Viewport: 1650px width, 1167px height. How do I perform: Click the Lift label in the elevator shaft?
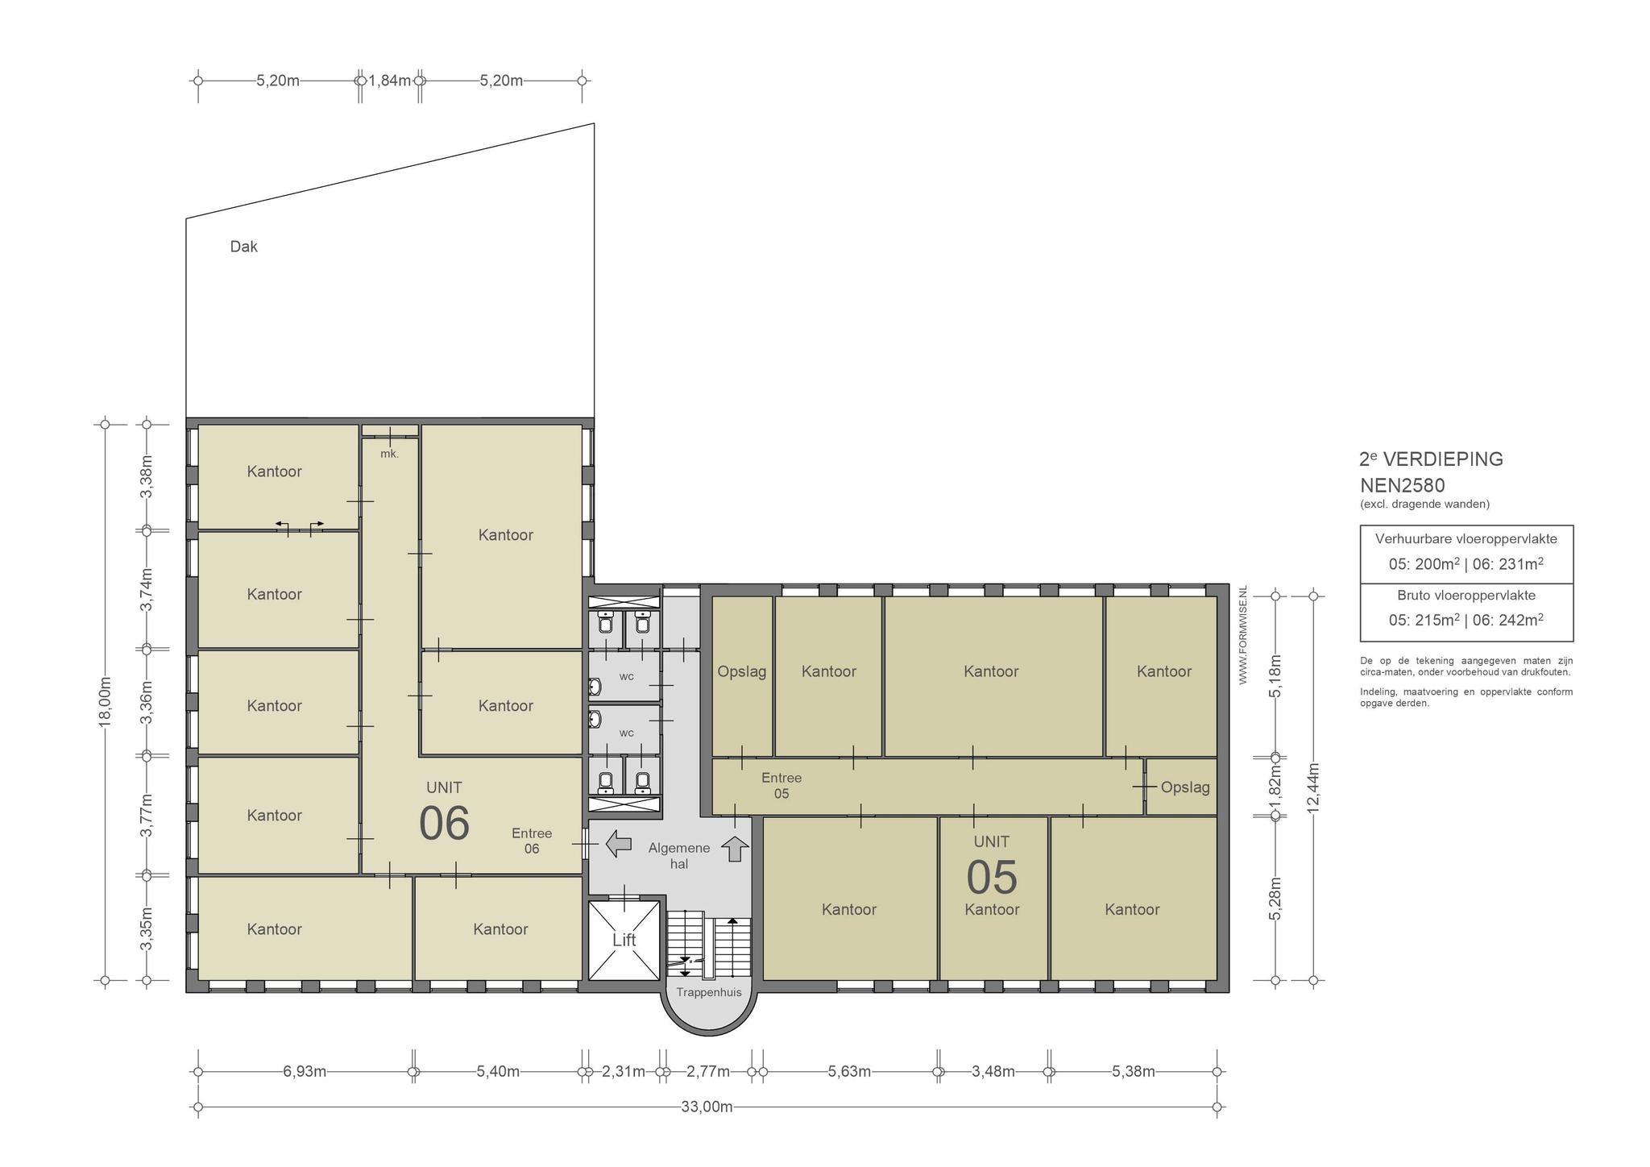coord(624,940)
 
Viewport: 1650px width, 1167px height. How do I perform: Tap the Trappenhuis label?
coord(709,993)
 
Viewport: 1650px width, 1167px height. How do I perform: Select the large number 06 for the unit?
coord(444,823)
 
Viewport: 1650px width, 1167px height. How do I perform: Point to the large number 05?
coord(992,878)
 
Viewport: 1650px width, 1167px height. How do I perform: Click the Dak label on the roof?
coord(244,247)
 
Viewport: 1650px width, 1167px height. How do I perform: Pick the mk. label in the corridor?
coord(390,454)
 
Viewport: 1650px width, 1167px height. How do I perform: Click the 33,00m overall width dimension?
coord(707,1107)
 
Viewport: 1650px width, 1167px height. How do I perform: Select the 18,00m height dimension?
coord(105,702)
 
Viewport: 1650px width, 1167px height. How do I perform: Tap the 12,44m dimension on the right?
coord(1313,788)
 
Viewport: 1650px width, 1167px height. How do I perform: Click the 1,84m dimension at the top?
coord(390,81)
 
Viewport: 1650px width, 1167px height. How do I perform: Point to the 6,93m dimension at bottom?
coord(305,1072)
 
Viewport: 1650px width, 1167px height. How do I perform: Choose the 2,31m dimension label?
coord(624,1072)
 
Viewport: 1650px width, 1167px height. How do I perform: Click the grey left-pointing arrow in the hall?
coord(618,844)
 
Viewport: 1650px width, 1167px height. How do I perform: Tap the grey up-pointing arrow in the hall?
coord(735,849)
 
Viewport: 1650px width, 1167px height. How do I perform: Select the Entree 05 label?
coord(781,786)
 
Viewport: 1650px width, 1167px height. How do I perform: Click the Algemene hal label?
coord(679,856)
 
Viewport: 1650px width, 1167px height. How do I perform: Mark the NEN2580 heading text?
coord(1403,486)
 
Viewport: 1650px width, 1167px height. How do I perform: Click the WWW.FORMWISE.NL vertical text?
coord(1242,635)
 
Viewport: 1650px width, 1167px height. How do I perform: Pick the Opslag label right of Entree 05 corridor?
coord(1185,787)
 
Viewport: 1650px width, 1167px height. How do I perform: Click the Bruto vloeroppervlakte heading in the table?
coord(1466,596)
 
